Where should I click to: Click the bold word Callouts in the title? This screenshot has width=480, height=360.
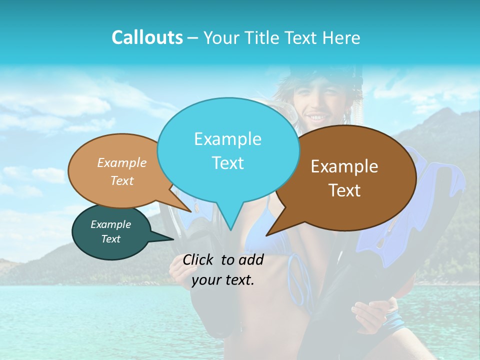coord(147,37)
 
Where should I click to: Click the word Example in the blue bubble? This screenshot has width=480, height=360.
coord(227,139)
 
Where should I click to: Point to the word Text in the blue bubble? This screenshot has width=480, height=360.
coord(227,163)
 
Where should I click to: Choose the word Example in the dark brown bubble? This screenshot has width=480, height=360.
coord(344,166)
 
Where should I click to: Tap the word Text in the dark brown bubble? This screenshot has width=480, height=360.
coord(344,190)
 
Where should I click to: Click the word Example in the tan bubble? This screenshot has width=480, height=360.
coord(122,163)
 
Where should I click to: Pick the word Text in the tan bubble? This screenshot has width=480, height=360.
coord(122,181)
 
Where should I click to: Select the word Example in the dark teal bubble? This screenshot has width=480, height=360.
coord(111,224)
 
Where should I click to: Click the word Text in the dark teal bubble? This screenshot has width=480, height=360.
coord(111,239)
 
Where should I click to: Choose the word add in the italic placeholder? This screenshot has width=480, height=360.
coord(251,259)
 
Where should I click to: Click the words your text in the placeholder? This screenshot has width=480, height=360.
coord(223,280)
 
